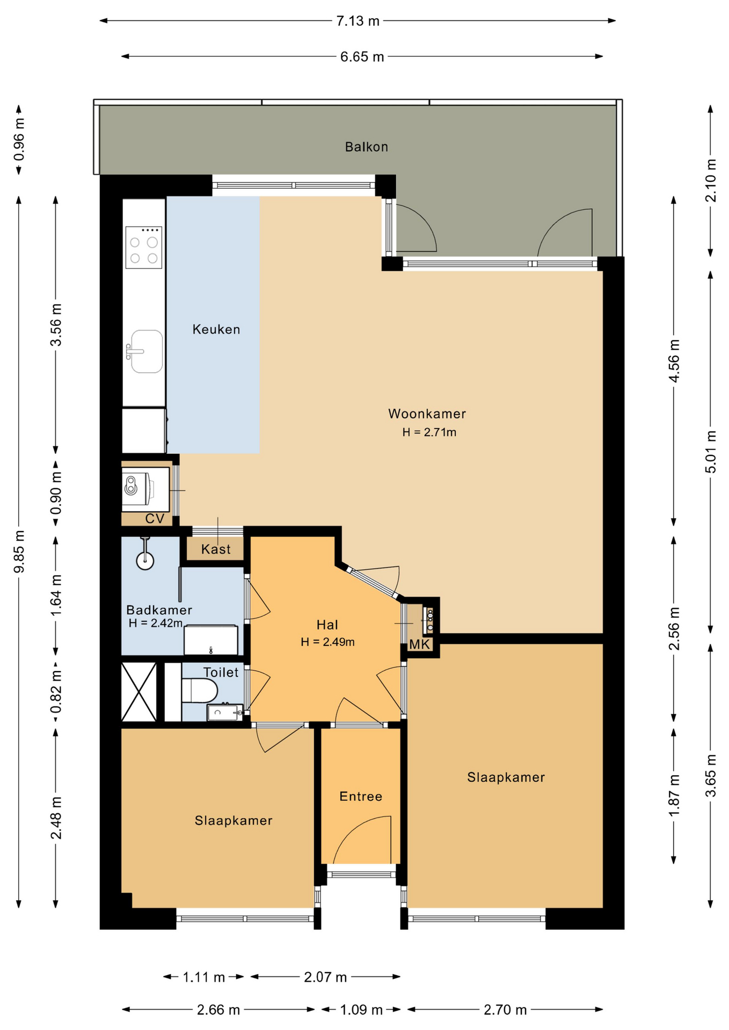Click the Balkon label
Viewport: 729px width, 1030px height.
(x=366, y=146)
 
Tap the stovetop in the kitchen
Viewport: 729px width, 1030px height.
(x=144, y=247)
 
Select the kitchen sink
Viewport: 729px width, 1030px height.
(x=146, y=351)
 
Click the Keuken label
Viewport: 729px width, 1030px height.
(x=216, y=329)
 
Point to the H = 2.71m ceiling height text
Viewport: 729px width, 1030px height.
(x=429, y=432)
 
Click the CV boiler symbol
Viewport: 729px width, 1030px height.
(x=138, y=488)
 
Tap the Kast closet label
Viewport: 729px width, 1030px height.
(x=216, y=549)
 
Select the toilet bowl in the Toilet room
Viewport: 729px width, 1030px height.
(x=199, y=690)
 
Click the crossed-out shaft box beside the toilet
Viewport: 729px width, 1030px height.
(x=139, y=692)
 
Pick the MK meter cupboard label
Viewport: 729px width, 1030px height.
(x=420, y=644)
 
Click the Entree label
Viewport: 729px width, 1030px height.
(x=361, y=796)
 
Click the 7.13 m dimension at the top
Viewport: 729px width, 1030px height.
(x=358, y=21)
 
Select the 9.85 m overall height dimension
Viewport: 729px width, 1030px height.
(x=19, y=551)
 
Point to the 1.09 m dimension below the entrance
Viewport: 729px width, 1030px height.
(x=361, y=1010)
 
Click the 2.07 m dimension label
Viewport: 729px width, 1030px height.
(x=325, y=977)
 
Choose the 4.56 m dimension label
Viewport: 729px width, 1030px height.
(x=674, y=360)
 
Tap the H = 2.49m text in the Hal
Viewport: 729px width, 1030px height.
(x=327, y=642)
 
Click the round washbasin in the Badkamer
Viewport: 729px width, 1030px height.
(x=145, y=561)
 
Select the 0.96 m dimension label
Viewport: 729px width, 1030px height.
(x=19, y=139)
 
